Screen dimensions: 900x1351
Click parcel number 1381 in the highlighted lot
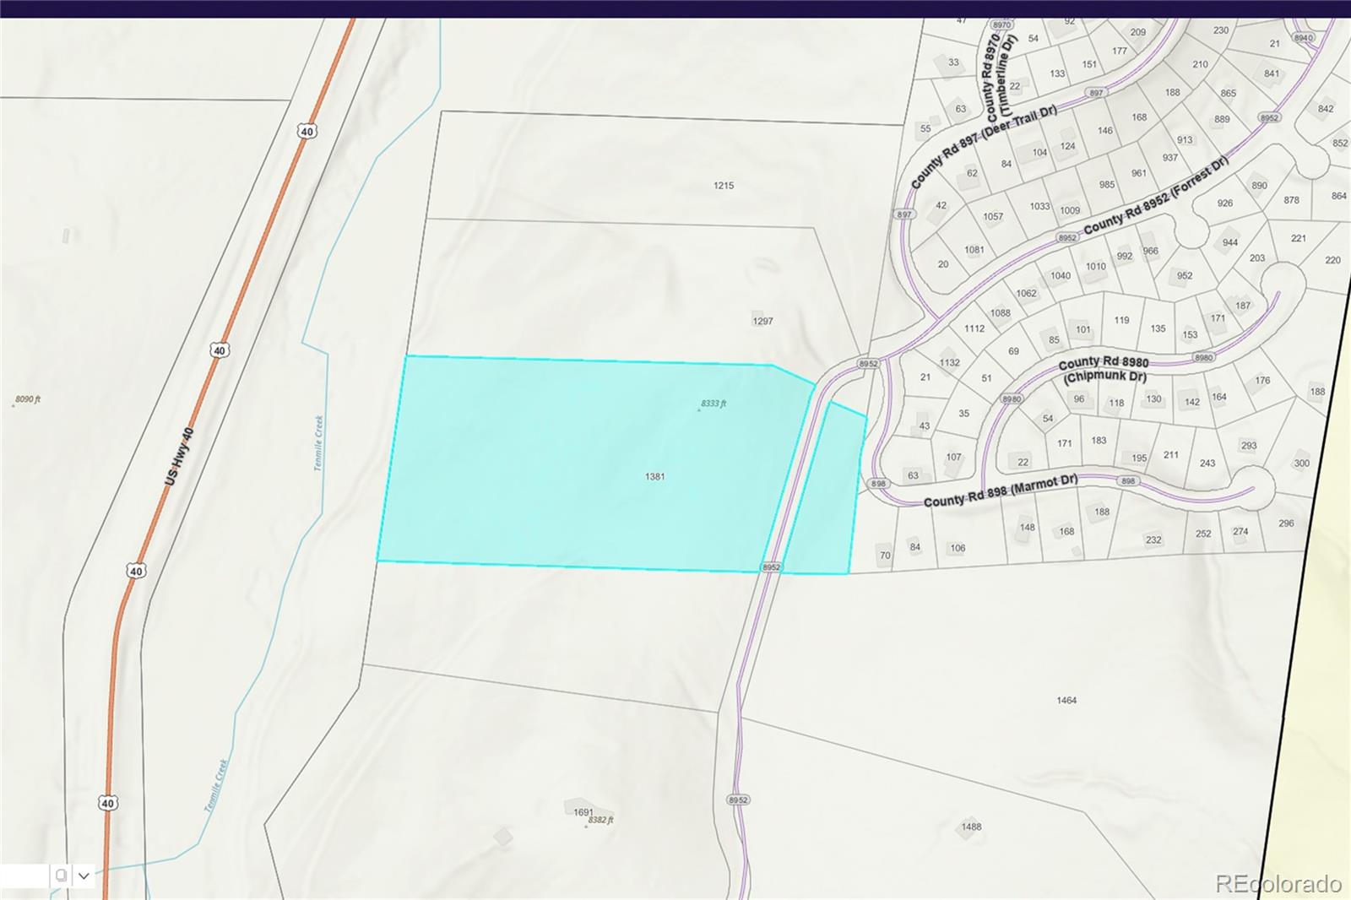(x=654, y=477)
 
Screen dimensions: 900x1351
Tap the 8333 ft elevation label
(x=713, y=404)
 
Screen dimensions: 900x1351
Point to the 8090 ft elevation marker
(x=28, y=399)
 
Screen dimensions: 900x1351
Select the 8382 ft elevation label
(x=601, y=820)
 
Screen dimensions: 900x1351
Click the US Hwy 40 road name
(x=179, y=456)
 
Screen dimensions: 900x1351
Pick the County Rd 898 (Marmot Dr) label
(x=1001, y=491)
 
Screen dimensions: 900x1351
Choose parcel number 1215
(x=724, y=186)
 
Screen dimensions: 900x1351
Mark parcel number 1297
(x=762, y=322)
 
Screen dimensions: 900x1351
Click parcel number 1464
(x=1066, y=701)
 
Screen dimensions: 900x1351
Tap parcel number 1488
(x=971, y=827)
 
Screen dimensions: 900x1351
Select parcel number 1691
(x=583, y=812)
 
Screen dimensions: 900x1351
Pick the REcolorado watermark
(x=1278, y=883)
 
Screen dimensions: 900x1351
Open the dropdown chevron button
(x=84, y=876)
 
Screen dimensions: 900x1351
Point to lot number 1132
(x=950, y=363)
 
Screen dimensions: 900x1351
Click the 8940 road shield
(x=1304, y=38)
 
